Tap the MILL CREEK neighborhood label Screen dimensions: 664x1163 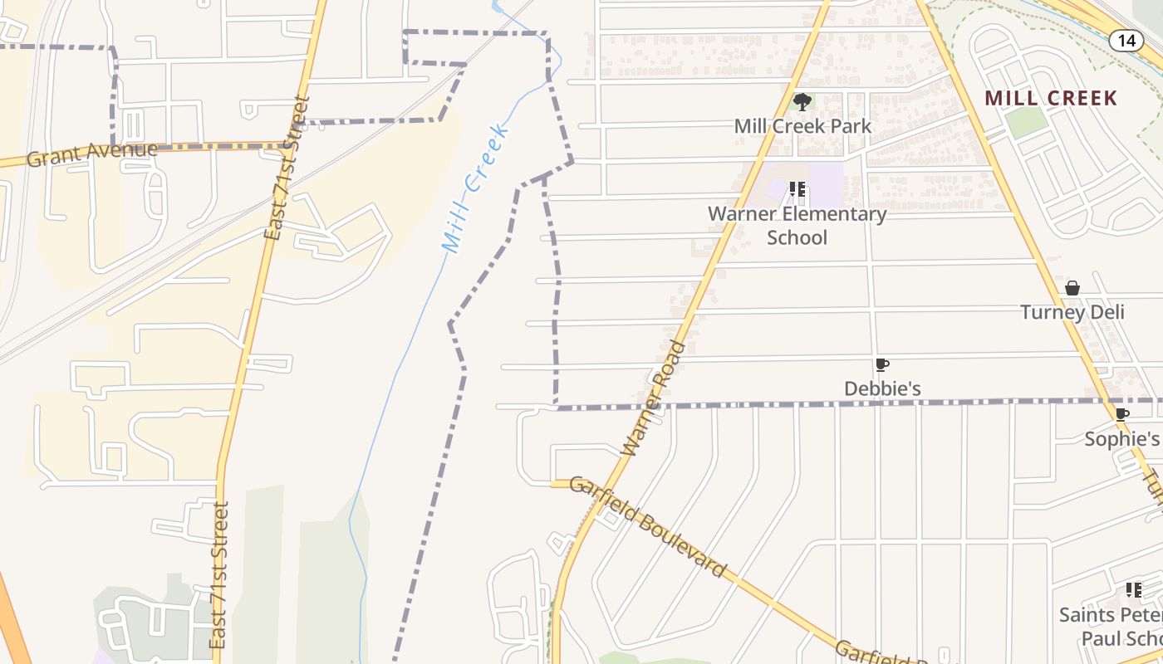click(1051, 98)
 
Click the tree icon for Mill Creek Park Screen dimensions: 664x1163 click(802, 102)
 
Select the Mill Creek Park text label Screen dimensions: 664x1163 click(802, 126)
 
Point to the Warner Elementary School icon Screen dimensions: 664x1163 click(797, 189)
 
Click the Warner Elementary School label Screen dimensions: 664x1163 click(797, 226)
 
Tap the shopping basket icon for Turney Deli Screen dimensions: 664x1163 click(1072, 288)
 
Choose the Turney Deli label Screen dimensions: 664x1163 click(1072, 312)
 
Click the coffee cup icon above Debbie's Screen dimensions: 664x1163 click(881, 364)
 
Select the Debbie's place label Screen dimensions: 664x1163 click(882, 388)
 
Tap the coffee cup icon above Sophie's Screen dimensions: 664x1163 click(1121, 414)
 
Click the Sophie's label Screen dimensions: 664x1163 click(1121, 438)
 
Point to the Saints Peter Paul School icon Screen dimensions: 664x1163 click(1133, 590)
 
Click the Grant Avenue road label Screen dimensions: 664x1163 click(91, 154)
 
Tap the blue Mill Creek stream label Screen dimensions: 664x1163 click(474, 189)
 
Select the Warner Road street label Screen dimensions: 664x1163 click(655, 398)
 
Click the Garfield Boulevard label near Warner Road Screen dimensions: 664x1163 click(648, 528)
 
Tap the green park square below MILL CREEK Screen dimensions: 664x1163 click(1026, 123)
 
